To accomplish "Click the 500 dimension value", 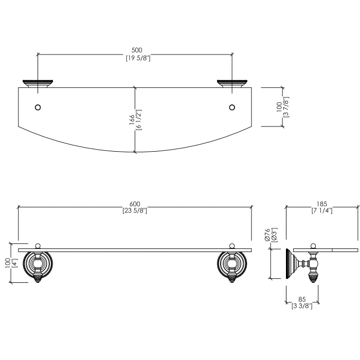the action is point(137,50).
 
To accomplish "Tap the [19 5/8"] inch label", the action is point(138,58).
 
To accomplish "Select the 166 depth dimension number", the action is point(132,120).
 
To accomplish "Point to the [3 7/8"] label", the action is point(286,107).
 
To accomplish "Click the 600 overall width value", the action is point(135,204).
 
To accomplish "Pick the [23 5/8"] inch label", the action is point(135,210).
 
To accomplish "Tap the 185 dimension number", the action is point(321,204).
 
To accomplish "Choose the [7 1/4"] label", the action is point(322,210).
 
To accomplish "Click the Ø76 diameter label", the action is point(267,235).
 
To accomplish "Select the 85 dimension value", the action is point(302,299).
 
